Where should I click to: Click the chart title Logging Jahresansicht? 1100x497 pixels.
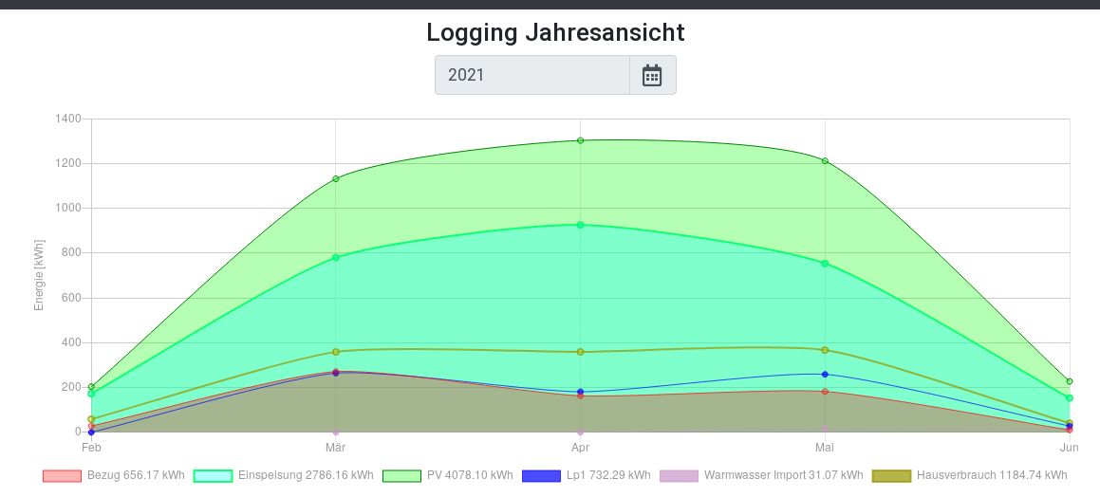(x=555, y=32)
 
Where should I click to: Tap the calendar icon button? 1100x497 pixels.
(x=652, y=75)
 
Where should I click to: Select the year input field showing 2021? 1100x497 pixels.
(x=532, y=75)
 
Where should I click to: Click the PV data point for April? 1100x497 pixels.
(x=580, y=140)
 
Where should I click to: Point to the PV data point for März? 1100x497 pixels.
(x=336, y=178)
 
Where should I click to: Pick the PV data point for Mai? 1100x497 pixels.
(x=825, y=161)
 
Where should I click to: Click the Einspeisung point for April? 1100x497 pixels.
(x=580, y=225)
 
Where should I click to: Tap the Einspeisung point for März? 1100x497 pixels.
(x=336, y=257)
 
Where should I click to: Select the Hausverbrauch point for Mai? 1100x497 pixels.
(x=825, y=350)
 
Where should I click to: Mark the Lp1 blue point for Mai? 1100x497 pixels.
(x=825, y=375)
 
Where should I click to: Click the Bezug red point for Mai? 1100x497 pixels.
(x=825, y=392)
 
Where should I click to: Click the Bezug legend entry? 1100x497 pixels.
(x=114, y=475)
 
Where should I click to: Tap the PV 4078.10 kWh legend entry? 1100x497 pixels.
(x=448, y=475)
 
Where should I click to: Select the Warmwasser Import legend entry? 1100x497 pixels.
(x=761, y=475)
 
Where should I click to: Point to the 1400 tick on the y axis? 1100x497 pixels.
(x=69, y=119)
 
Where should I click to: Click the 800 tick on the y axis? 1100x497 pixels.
(x=72, y=253)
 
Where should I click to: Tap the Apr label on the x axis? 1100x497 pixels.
(x=580, y=447)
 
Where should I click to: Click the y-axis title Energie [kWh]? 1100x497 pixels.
(x=40, y=275)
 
